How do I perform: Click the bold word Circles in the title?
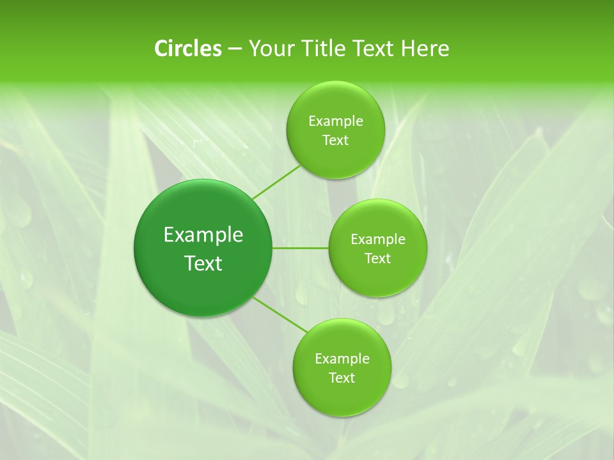pyautogui.click(x=187, y=49)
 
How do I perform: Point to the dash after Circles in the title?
pyautogui.click(x=235, y=49)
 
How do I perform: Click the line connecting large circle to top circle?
pyautogui.click(x=276, y=183)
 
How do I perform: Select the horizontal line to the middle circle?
pyautogui.click(x=301, y=248)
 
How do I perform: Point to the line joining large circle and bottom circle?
pyautogui.click(x=279, y=315)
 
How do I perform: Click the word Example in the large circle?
pyautogui.click(x=203, y=235)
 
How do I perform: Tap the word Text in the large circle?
pyautogui.click(x=203, y=263)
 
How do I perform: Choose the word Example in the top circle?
pyautogui.click(x=336, y=121)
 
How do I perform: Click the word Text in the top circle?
pyautogui.click(x=335, y=141)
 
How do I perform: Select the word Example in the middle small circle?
pyautogui.click(x=378, y=240)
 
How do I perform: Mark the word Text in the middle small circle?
pyautogui.click(x=377, y=259)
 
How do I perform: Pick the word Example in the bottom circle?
pyautogui.click(x=342, y=359)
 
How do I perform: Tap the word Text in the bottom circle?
pyautogui.click(x=342, y=378)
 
